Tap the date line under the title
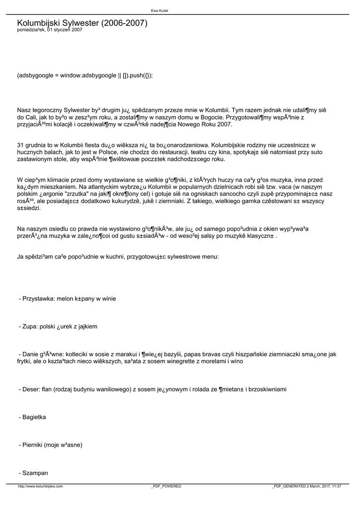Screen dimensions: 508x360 [50, 30]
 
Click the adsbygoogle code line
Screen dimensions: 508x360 [85, 75]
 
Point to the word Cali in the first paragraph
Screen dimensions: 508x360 [31, 117]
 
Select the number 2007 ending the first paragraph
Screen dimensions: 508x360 [224, 125]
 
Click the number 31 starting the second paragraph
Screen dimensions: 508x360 [20, 145]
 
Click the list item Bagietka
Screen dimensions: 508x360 [34, 417]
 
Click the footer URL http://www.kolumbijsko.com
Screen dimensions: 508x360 [40, 486]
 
